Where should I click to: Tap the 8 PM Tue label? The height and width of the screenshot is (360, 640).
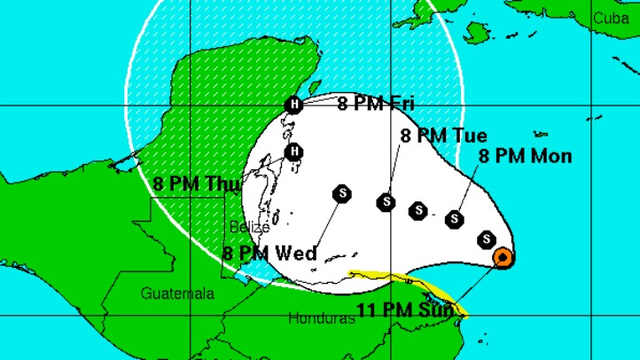pyautogui.click(x=443, y=136)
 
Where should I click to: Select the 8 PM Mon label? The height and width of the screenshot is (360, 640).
pyautogui.click(x=525, y=156)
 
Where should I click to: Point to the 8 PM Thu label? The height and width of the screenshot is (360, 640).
pyautogui.click(x=190, y=184)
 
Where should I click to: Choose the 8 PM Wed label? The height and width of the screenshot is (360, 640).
pyautogui.click(x=269, y=254)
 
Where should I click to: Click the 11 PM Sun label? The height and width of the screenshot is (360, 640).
pyautogui.click(x=406, y=310)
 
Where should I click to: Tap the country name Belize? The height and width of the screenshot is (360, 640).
pyautogui.click(x=249, y=227)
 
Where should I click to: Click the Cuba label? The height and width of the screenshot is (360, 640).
pyautogui.click(x=611, y=17)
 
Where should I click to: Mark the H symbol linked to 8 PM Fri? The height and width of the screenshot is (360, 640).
pyautogui.click(x=293, y=106)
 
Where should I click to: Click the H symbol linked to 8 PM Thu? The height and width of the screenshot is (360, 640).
pyautogui.click(x=295, y=151)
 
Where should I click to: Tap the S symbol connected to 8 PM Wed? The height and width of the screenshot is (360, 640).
pyautogui.click(x=342, y=193)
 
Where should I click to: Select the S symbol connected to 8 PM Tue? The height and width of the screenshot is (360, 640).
pyautogui.click(x=386, y=202)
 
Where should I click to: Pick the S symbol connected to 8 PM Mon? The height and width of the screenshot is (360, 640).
pyautogui.click(x=456, y=218)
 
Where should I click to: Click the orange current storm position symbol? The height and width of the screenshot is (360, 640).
pyautogui.click(x=502, y=258)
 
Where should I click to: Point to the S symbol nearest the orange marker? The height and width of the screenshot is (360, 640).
pyautogui.click(x=486, y=239)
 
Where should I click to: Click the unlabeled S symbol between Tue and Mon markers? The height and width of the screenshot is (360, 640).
pyautogui.click(x=418, y=210)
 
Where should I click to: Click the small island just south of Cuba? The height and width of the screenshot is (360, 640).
pyautogui.click(x=477, y=33)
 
